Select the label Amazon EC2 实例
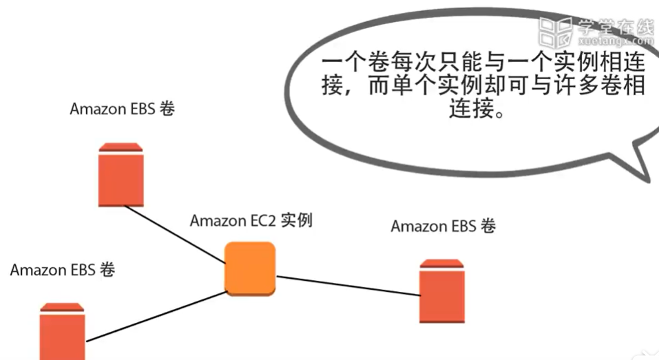251,221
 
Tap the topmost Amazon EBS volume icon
121,175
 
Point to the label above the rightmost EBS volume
443,226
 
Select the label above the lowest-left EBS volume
63,269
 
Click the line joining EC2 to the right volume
348,286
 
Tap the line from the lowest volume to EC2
155,316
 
